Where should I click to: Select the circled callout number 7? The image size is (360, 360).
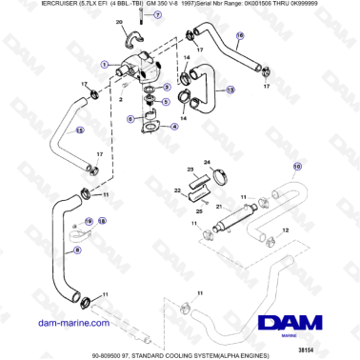[x=159, y=17]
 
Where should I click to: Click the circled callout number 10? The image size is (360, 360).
[x=296, y=166]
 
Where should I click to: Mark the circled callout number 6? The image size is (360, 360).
[x=130, y=118]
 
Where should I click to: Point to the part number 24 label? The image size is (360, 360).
[x=206, y=163]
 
